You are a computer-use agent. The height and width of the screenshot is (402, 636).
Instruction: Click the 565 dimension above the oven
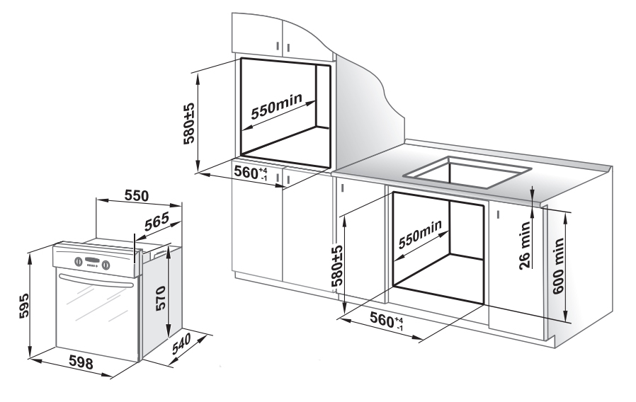click(x=156, y=221)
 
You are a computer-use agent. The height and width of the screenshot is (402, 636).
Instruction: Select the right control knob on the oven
click(x=106, y=265)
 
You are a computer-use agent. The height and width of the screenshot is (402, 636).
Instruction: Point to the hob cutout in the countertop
click(x=467, y=170)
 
